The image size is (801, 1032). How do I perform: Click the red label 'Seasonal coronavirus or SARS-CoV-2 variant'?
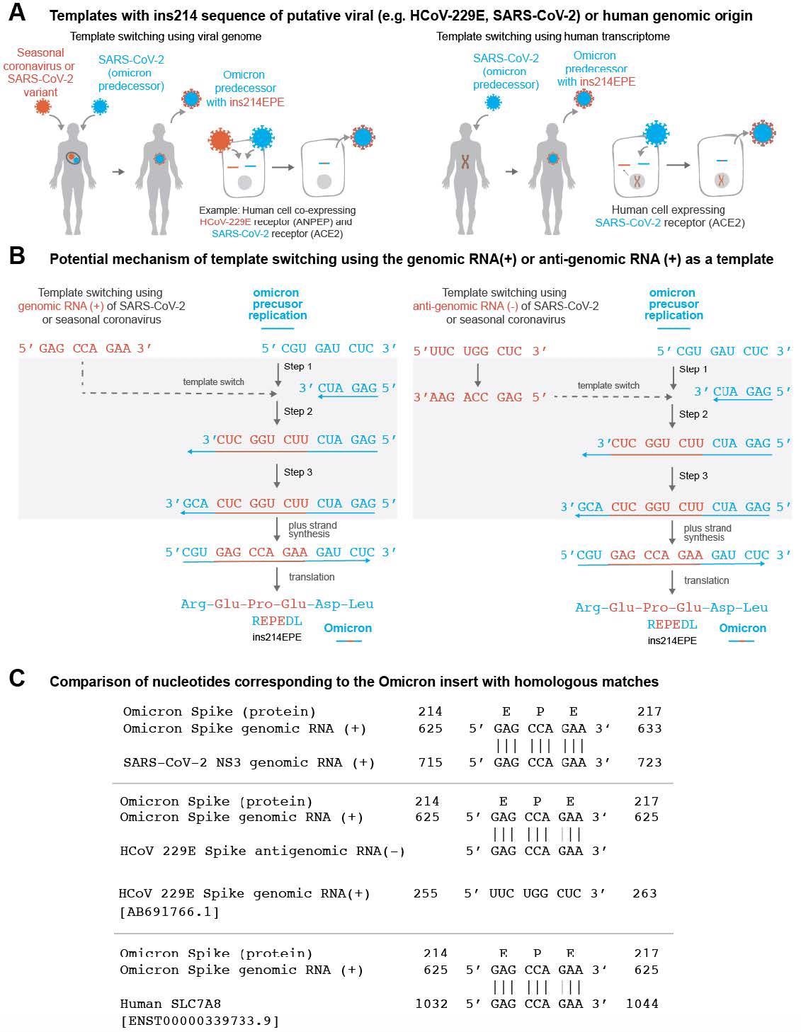tap(40, 72)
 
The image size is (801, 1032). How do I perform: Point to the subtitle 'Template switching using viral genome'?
tap(166, 35)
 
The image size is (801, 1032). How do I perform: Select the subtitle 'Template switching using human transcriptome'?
tap(552, 35)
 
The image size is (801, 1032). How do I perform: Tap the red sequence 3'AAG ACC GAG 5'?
tap(479, 398)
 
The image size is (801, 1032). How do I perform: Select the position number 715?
tap(430, 762)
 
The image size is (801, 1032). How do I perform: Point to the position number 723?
tap(649, 762)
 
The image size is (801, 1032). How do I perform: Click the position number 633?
tap(649, 728)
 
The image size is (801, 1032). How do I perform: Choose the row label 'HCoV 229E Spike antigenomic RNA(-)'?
tap(262, 851)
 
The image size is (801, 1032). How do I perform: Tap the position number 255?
tap(426, 893)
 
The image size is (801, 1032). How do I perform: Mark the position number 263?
tap(644, 893)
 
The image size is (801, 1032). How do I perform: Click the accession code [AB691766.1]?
tap(169, 912)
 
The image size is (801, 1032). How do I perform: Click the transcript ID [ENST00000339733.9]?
tap(200, 1021)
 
